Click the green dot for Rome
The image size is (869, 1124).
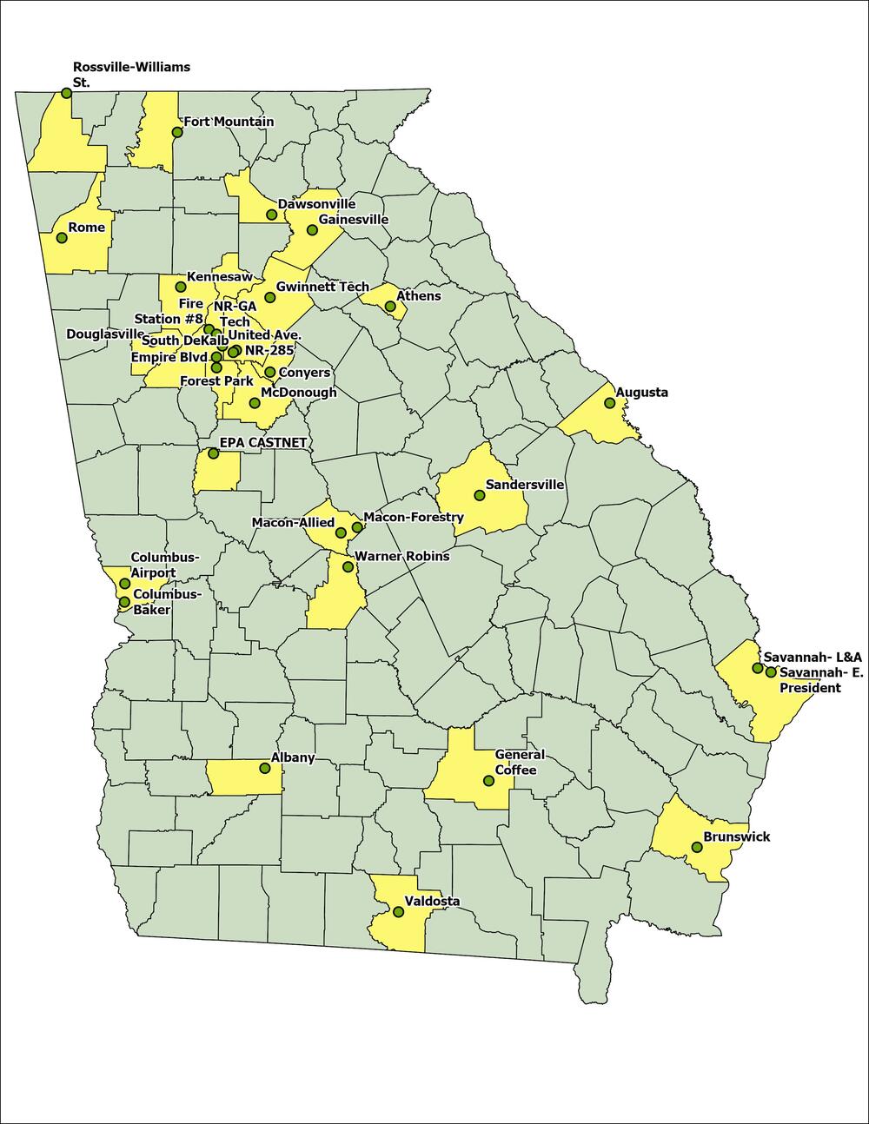[61, 237]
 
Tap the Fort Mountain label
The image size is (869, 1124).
[228, 122]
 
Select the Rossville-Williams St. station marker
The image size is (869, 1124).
[66, 92]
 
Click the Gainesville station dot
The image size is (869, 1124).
[312, 230]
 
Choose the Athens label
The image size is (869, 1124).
[419, 296]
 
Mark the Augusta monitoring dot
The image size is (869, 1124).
[609, 403]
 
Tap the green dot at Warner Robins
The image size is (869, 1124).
[348, 567]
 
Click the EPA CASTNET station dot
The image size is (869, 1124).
[213, 453]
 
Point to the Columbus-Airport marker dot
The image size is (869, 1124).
[124, 584]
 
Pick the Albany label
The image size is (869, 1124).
[293, 758]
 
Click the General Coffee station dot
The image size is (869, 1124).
[488, 781]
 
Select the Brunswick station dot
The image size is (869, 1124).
[696, 847]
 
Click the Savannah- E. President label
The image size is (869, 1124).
[810, 680]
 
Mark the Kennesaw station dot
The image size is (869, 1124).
[181, 287]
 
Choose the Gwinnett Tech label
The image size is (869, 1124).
[322, 287]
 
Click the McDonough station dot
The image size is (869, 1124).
[255, 403]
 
